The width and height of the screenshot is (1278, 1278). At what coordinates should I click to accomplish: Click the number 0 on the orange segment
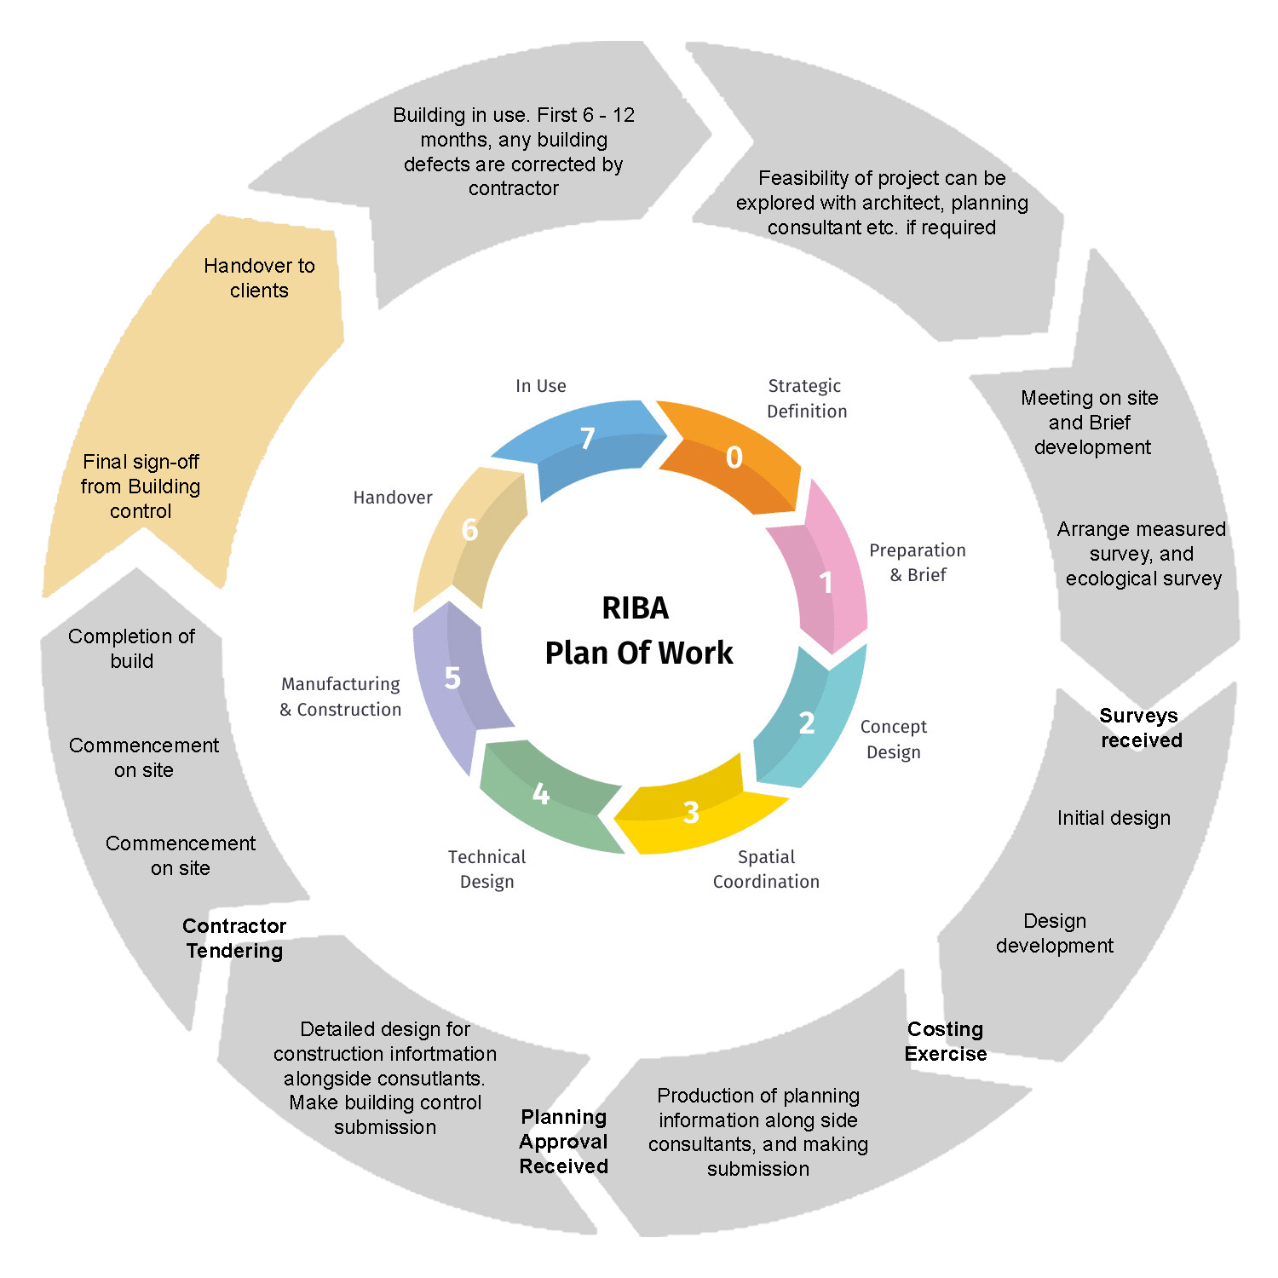[x=734, y=458]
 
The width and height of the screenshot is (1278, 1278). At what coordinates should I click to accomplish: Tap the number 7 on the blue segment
[x=587, y=438]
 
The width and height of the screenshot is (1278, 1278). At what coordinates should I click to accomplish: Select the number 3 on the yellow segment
[x=691, y=812]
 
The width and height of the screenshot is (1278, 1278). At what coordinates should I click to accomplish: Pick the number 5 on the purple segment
[x=452, y=678]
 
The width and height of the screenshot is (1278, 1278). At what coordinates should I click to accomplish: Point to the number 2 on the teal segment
[x=807, y=722]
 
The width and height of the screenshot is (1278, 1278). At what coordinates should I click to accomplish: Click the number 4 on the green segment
[x=540, y=794]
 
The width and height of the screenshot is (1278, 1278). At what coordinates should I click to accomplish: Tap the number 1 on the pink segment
[x=826, y=583]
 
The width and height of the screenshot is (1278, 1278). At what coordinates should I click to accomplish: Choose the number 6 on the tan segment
[x=469, y=530]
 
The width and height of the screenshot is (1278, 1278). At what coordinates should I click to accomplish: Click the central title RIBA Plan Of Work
[x=638, y=630]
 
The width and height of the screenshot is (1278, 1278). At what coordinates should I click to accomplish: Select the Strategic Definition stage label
[x=806, y=399]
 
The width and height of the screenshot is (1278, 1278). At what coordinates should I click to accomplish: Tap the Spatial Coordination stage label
[x=766, y=869]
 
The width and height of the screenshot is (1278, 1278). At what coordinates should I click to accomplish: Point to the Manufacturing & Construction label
[x=341, y=696]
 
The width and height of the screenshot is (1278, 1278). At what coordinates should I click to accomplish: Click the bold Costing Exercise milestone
[x=946, y=1041]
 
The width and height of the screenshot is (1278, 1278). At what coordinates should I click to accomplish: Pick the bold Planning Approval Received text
[x=564, y=1142]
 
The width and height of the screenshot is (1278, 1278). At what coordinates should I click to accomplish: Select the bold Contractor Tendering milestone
[x=234, y=938]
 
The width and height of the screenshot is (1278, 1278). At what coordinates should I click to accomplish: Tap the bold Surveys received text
[x=1140, y=728]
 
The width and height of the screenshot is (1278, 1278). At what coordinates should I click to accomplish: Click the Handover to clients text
[x=259, y=278]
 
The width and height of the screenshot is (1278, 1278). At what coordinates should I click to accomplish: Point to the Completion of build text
[x=132, y=648]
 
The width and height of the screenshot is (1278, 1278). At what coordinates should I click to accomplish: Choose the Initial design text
[x=1114, y=818]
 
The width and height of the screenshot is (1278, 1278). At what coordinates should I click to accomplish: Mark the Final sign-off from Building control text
[x=141, y=486]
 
